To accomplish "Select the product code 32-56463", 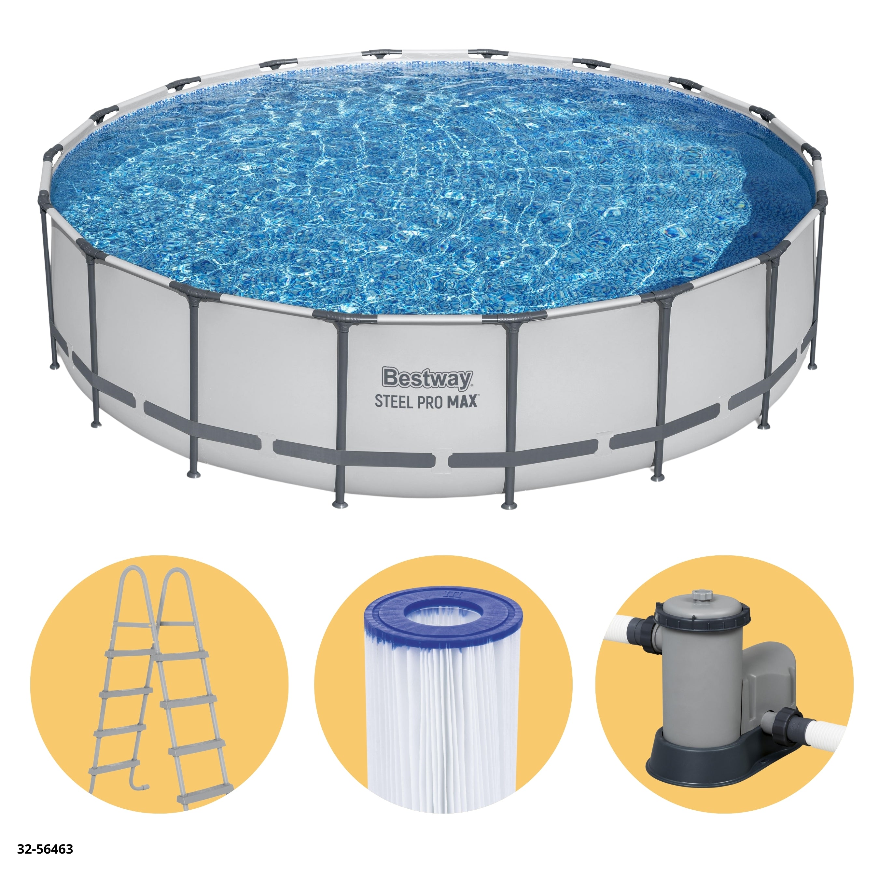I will pyautogui.click(x=45, y=849).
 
